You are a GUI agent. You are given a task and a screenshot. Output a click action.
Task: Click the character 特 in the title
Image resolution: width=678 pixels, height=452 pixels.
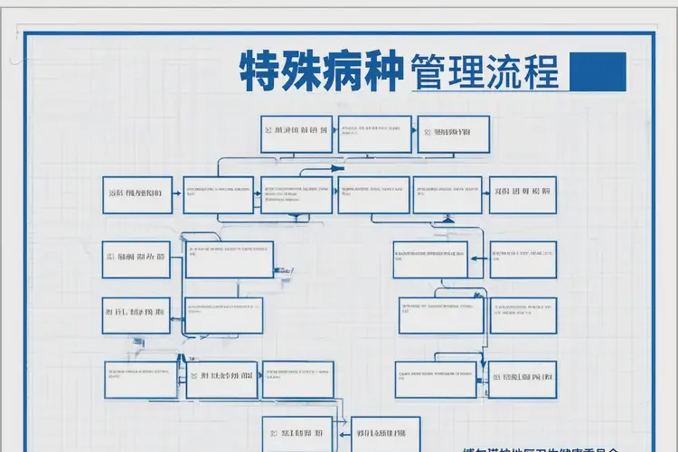pyautogui.click(x=261, y=71)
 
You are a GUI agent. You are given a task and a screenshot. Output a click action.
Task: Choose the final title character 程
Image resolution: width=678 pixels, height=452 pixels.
pyautogui.click(x=541, y=71)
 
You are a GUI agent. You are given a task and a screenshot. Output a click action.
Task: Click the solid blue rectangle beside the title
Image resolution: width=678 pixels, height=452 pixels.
pyautogui.click(x=599, y=71)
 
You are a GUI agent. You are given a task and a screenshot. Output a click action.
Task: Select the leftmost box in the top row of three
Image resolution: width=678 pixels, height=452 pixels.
pyautogui.click(x=297, y=133)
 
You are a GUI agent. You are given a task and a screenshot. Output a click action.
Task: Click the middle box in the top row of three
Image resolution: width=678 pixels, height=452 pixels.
pyautogui.click(x=374, y=133)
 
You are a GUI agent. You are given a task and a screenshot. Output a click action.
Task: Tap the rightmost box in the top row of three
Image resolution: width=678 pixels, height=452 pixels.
pyautogui.click(x=453, y=133)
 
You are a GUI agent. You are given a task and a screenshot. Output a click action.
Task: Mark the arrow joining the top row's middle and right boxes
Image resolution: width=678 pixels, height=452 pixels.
pyautogui.click(x=414, y=132)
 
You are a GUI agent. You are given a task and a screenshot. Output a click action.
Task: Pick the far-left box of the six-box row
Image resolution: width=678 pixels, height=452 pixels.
pyautogui.click(x=137, y=194)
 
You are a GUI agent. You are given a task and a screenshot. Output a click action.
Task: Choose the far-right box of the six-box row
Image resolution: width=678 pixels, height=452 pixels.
pyautogui.click(x=523, y=194)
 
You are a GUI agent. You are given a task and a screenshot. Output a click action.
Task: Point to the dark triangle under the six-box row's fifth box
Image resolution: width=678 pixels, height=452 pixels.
pyautogui.click(x=447, y=219)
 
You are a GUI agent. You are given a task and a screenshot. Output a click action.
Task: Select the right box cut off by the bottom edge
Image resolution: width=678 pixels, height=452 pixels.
pyautogui.click(x=385, y=434)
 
